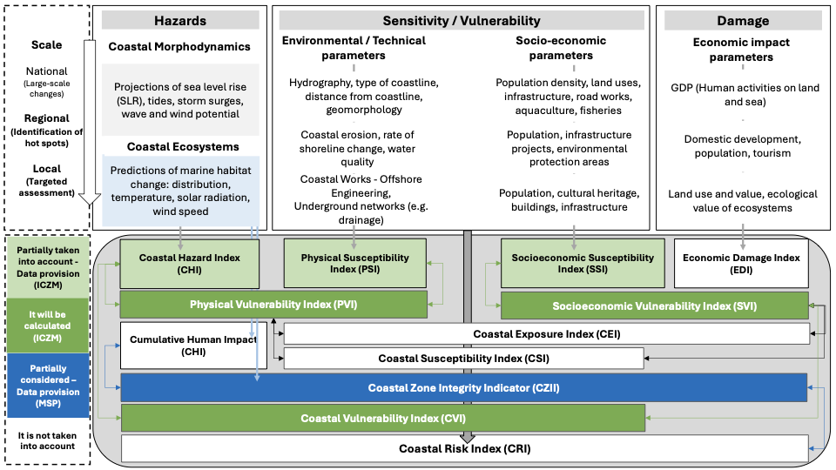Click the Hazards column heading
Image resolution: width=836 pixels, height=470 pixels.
[x=180, y=20]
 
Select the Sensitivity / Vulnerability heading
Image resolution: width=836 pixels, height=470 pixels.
[x=462, y=20]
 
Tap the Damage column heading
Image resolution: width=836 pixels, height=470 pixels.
[x=743, y=20]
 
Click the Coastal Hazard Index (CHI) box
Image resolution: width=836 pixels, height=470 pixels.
[x=190, y=263]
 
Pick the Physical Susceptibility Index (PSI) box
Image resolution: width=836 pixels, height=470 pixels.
[x=355, y=263]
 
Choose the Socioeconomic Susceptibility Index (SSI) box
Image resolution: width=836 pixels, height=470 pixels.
[x=583, y=263]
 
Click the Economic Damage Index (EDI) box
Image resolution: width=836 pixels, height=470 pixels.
[x=741, y=263]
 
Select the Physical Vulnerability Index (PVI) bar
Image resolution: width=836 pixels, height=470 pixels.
[x=273, y=305]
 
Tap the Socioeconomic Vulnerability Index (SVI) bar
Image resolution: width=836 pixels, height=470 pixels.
[x=654, y=305]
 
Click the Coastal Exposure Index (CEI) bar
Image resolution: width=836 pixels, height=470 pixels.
[x=546, y=333]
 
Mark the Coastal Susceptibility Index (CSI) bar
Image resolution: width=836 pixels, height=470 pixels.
[x=463, y=358]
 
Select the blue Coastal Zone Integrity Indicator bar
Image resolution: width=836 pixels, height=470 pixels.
[x=463, y=387]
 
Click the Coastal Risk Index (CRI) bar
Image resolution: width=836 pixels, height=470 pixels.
[x=463, y=449]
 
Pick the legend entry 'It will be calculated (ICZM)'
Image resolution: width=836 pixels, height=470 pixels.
[x=49, y=324]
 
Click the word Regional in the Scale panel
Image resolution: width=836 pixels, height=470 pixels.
[x=47, y=118]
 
